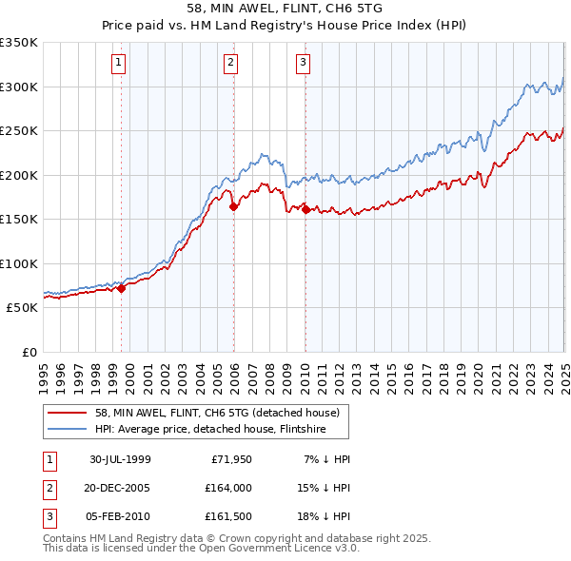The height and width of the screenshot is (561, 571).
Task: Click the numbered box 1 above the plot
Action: point(119,64)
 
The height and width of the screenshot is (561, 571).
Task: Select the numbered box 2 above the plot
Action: point(231,64)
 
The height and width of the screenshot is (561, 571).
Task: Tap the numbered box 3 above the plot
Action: point(303,64)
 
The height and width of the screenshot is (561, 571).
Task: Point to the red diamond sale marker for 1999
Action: point(122,288)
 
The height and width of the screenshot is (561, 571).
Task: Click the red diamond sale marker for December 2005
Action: point(233,206)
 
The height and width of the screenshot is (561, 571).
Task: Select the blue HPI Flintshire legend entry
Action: point(209,429)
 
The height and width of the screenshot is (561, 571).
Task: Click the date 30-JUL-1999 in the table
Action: point(120,459)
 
